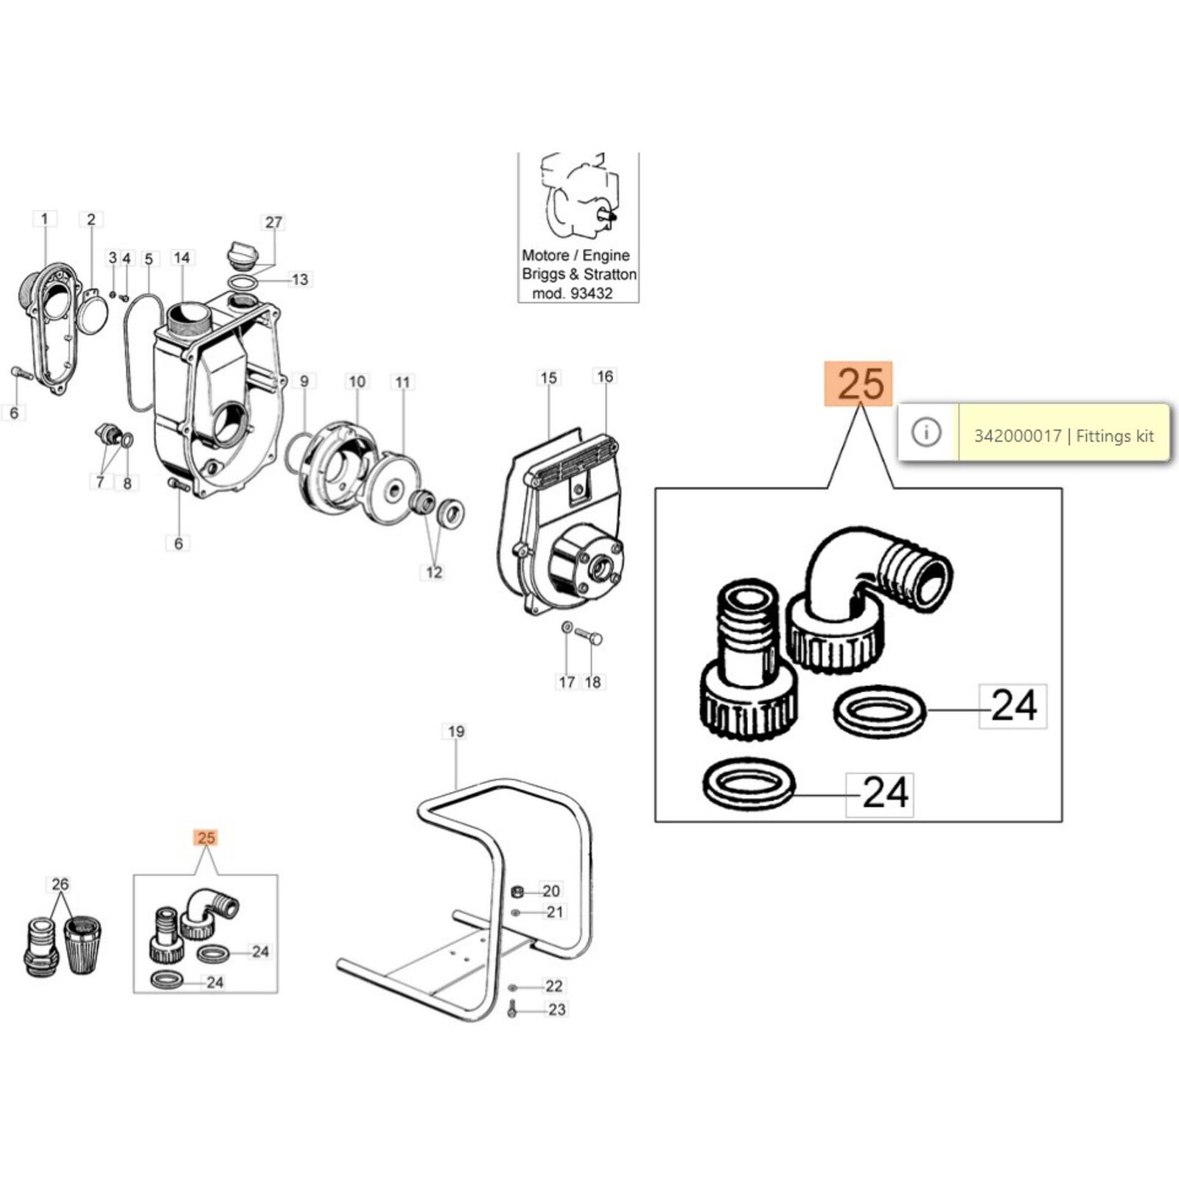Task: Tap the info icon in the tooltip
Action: [x=926, y=433]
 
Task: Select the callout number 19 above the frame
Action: [x=456, y=732]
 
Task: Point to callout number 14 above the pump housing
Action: [x=181, y=257]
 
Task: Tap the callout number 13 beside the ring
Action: [x=300, y=279]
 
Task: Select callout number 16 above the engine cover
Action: [x=604, y=377]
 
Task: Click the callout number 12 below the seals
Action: [x=433, y=572]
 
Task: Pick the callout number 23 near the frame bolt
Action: [x=556, y=1010]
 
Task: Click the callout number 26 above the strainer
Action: [x=60, y=884]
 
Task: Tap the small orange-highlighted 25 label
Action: [x=206, y=838]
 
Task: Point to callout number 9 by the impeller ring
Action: [x=304, y=382]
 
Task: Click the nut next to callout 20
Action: [x=517, y=892]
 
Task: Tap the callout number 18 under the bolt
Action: [x=592, y=682]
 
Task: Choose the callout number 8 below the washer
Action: [x=127, y=483]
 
